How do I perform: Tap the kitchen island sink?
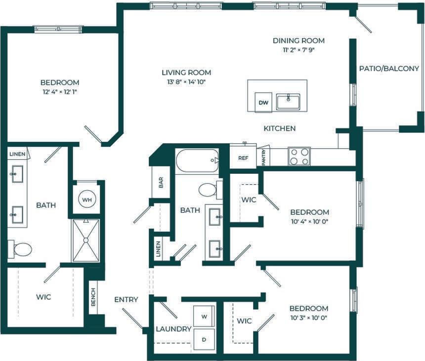click(x=289, y=102)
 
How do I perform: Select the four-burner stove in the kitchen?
click(x=299, y=157)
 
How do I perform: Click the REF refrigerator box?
click(x=243, y=158)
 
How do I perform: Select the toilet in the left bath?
click(x=20, y=249)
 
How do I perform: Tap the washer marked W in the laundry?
click(x=204, y=315)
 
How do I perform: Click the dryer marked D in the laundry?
click(x=204, y=340)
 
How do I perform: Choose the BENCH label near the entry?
click(x=93, y=297)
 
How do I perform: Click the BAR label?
click(x=161, y=182)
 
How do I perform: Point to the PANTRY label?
click(x=264, y=158)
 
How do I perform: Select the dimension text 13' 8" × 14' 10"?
click(x=186, y=82)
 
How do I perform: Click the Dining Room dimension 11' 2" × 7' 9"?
click(x=298, y=50)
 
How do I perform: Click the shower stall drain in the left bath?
click(x=85, y=240)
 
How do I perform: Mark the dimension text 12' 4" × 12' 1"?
click(x=59, y=92)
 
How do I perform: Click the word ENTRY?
click(x=126, y=299)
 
